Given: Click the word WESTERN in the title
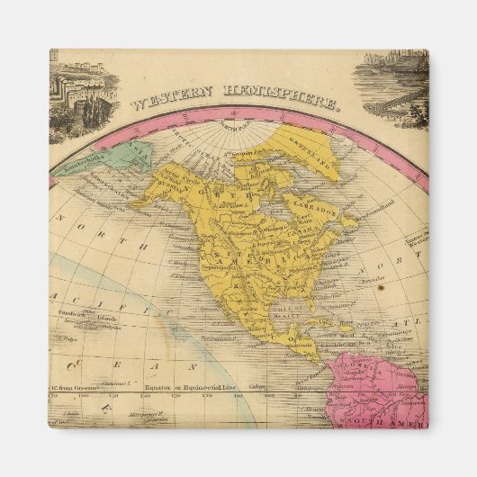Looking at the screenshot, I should coord(166,102).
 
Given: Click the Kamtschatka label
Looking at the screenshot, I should coord(84,167).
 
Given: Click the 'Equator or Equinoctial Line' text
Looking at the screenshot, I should coord(193,387).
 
